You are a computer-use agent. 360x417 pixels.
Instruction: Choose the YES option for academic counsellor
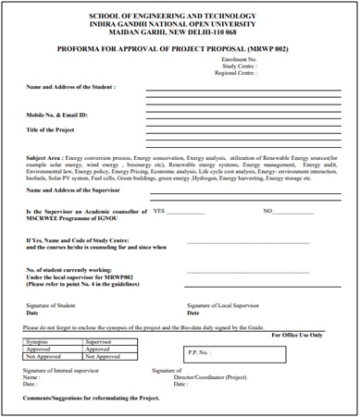[159, 211]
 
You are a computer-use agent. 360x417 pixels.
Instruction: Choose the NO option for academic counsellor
[268, 211]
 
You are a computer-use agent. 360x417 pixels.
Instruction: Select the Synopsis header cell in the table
[43, 341]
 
